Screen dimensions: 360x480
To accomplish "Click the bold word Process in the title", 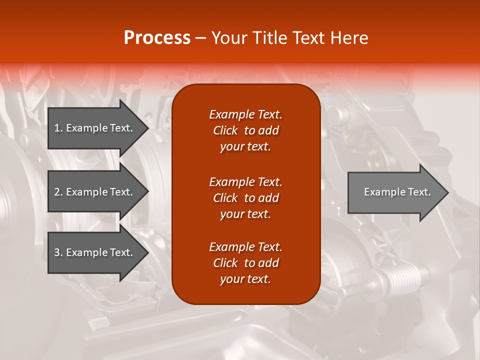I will [157, 38].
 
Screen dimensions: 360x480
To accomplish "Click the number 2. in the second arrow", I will [58, 192].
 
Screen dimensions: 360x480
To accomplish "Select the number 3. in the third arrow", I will [58, 252].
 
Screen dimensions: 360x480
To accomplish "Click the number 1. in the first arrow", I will [58, 128].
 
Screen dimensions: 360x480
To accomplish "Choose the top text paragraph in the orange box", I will [245, 130].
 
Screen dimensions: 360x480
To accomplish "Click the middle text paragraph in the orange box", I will [245, 198].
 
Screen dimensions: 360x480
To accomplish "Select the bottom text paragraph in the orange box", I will [245, 263].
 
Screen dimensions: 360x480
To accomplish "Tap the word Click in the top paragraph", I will [225, 130].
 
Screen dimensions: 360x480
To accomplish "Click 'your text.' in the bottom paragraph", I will [245, 279].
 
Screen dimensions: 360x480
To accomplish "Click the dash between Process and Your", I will [200, 38].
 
